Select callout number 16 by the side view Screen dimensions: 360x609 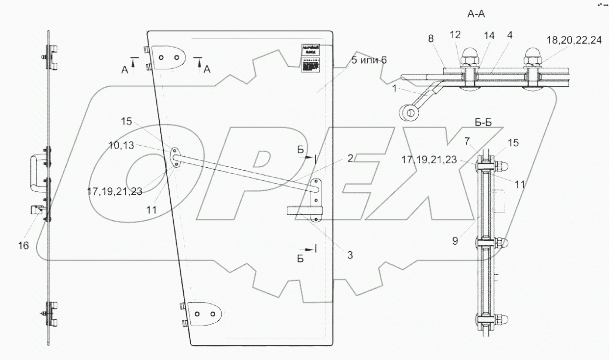(x=24, y=246)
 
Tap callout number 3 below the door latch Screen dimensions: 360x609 (x=350, y=255)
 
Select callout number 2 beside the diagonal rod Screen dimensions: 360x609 (x=350, y=157)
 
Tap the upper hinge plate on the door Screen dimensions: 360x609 (x=168, y=57)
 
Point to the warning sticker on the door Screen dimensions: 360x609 (x=310, y=58)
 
